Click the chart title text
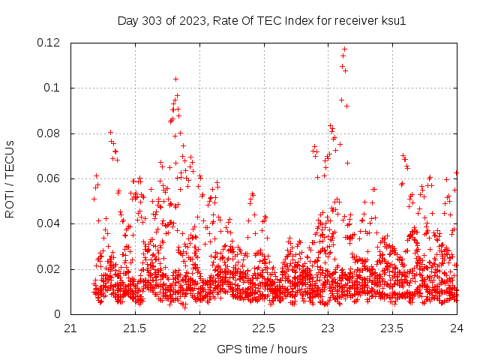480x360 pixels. tap(262, 20)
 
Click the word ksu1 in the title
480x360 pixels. tap(393, 20)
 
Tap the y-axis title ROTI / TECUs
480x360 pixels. tap(10, 178)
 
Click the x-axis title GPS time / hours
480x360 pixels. tap(262, 349)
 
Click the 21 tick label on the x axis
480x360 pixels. tap(70, 328)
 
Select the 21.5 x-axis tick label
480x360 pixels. tap(135, 328)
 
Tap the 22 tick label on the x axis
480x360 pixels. tap(199, 328)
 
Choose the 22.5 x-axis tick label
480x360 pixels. tap(264, 328)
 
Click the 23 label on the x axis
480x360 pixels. tap(328, 328)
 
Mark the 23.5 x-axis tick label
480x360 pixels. tap(393, 328)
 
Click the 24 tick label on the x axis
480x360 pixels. tap(457, 328)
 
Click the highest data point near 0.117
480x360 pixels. tap(344, 49)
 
